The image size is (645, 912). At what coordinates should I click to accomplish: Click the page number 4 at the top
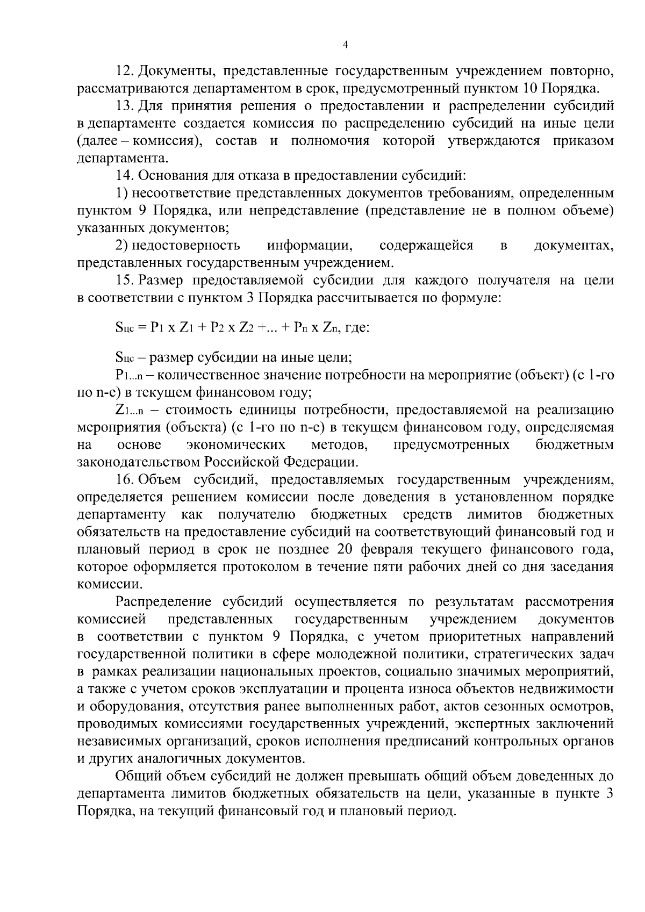click(x=345, y=46)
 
